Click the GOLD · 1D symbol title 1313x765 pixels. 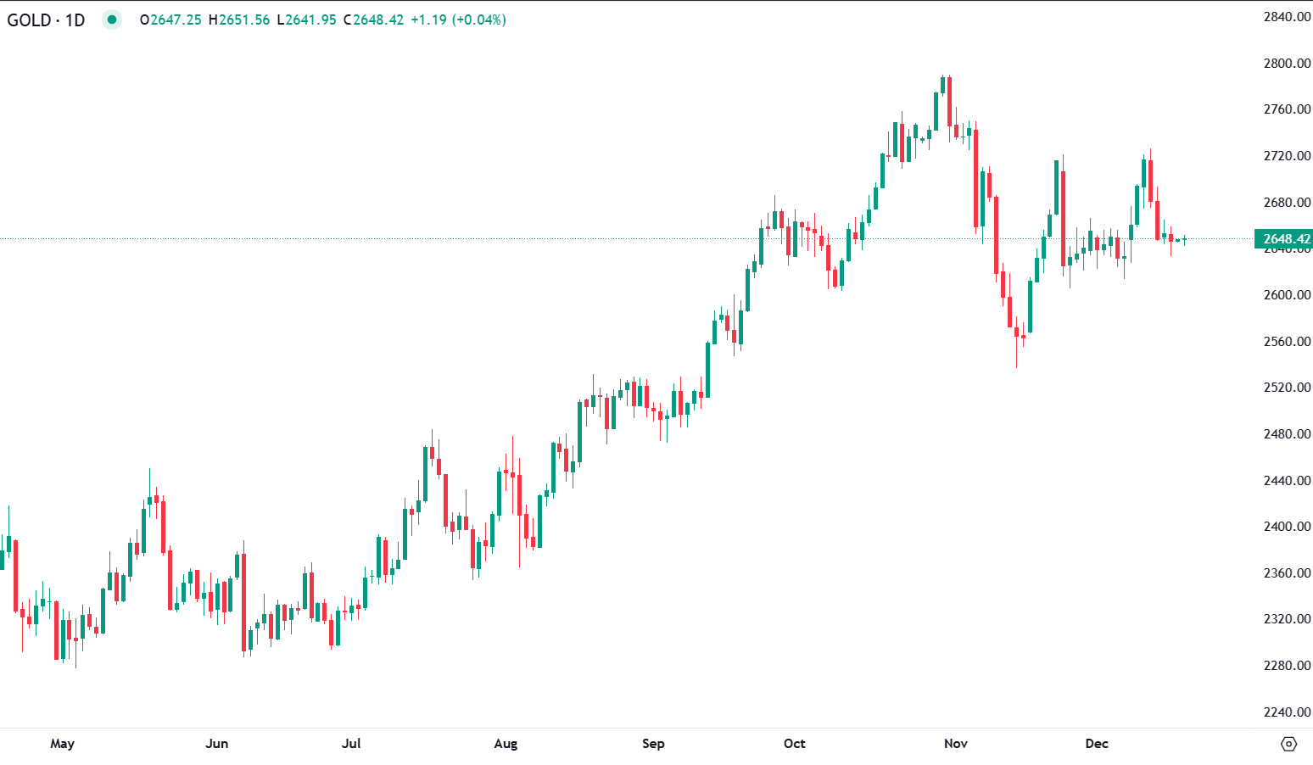46,20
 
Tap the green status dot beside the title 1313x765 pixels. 112,20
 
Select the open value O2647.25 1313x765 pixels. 170,20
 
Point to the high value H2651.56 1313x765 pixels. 239,20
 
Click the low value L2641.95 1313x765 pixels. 306,20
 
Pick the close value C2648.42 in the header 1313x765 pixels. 373,20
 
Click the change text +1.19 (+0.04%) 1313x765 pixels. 458,20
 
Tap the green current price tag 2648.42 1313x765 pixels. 1284,239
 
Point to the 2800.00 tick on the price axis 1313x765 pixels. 1287,64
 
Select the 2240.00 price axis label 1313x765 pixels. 1287,712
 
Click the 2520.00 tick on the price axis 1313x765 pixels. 1287,388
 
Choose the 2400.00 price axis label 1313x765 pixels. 1287,527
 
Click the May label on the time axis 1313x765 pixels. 62,744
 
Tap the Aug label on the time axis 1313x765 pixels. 506,744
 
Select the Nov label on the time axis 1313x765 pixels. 956,744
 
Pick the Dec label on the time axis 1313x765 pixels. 1097,744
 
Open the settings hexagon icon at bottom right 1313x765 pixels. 1288,744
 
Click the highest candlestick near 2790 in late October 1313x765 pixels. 943,85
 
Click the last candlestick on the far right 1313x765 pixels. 1185,240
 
